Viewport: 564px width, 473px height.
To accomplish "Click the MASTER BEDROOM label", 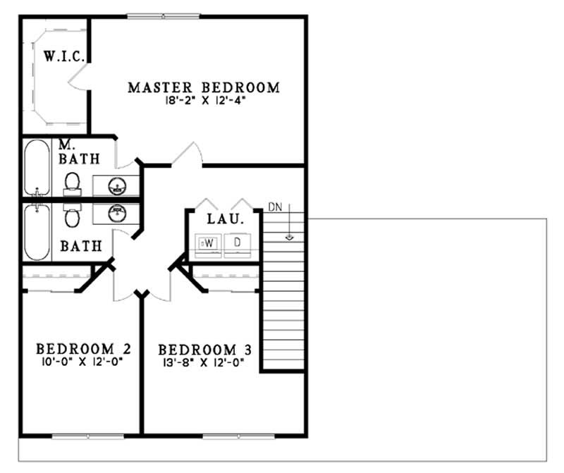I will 203,88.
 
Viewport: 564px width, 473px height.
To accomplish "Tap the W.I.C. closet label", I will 64,56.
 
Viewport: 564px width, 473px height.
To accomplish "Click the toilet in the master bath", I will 72,183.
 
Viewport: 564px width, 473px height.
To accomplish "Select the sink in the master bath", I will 116,186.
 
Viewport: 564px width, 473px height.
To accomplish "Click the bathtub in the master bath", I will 37,168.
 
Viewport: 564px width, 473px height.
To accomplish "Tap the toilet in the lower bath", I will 72,216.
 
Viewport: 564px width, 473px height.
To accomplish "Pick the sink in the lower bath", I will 116,213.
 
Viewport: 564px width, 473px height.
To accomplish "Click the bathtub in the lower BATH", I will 37,233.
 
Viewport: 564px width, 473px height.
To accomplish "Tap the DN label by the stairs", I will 276,207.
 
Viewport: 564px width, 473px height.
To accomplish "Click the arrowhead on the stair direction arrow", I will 288,237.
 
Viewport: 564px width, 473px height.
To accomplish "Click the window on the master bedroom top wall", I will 164,16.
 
